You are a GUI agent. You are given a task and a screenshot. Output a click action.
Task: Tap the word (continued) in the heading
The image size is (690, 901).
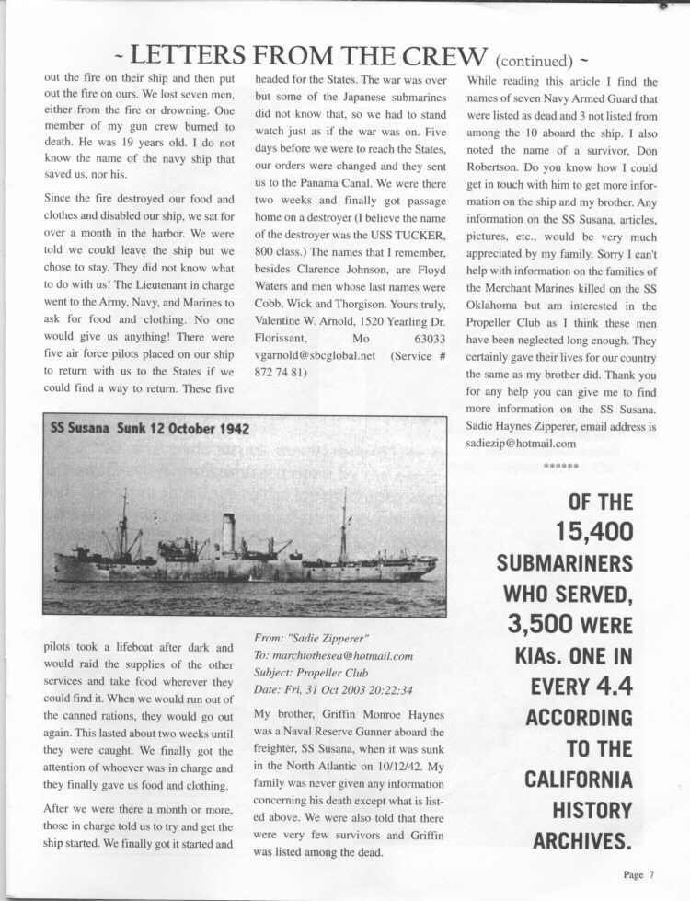[x=535, y=61]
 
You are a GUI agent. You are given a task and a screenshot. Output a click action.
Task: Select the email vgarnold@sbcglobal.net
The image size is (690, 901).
[x=311, y=354]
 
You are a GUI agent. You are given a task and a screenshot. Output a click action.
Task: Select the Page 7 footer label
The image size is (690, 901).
[x=638, y=875]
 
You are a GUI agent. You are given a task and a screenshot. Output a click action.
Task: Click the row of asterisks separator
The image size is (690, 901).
[x=560, y=468]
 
